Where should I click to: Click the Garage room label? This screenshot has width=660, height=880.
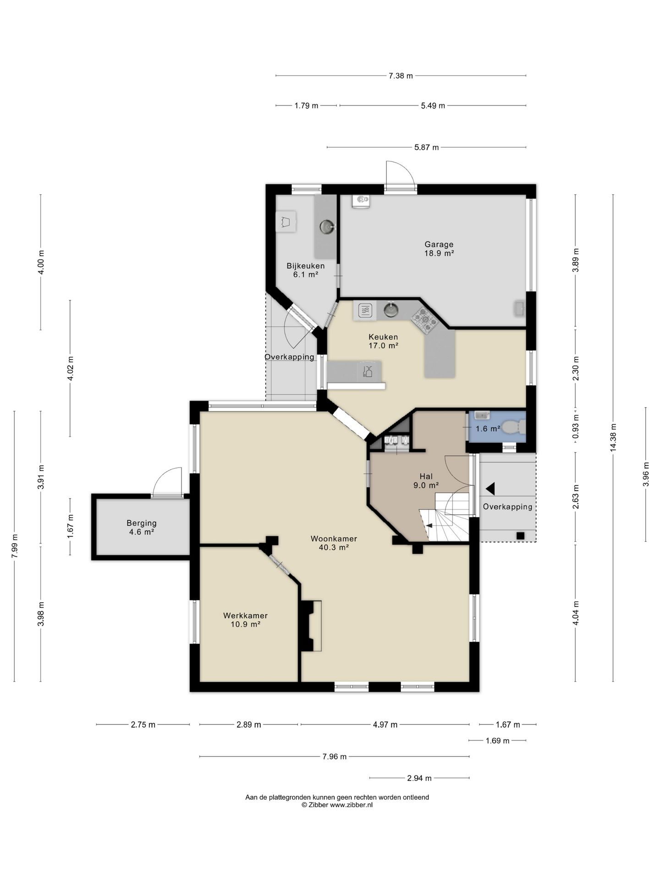point(439,244)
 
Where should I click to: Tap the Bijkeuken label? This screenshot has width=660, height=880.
point(306,266)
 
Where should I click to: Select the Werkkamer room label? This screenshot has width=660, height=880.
point(245,616)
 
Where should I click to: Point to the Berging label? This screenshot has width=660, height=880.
point(142,523)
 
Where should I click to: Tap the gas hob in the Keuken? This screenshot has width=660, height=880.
point(425,319)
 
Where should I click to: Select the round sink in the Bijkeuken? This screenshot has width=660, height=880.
point(327,226)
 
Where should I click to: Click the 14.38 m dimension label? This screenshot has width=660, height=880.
point(613,438)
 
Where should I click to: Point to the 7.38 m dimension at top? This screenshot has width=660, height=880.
point(401,76)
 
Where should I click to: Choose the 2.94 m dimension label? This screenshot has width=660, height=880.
point(419,778)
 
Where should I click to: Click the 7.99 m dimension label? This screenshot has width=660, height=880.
point(15,545)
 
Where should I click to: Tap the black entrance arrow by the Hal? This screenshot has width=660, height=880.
point(490,489)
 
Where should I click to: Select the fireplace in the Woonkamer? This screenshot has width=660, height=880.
point(310,626)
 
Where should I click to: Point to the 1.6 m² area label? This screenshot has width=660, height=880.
point(488,429)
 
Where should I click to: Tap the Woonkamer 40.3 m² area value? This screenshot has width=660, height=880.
point(334,547)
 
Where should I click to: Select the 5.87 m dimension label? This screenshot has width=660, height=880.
point(426,147)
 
